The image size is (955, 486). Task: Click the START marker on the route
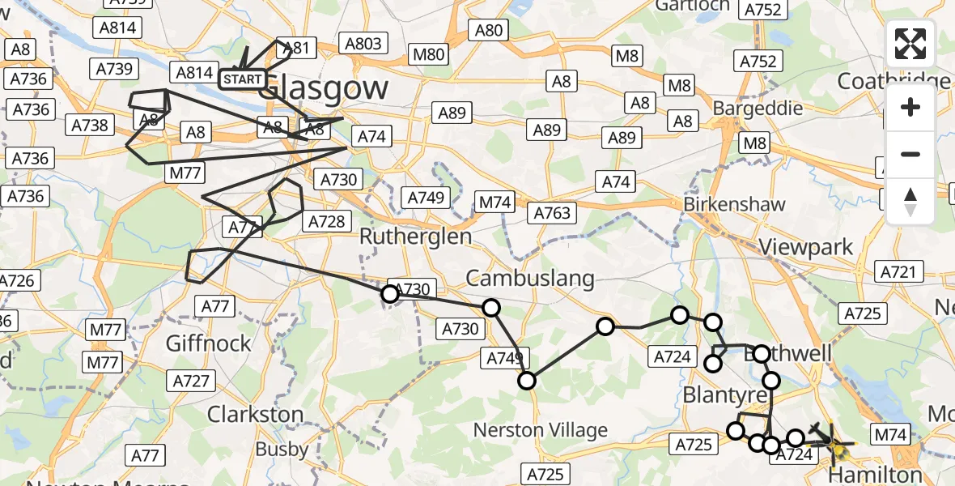click(x=242, y=79)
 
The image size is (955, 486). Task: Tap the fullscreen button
click(x=910, y=44)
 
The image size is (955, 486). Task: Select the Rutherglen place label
click(x=415, y=237)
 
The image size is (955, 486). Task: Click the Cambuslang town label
click(x=530, y=279)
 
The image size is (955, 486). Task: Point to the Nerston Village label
click(x=541, y=429)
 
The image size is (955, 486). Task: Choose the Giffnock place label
click(x=209, y=343)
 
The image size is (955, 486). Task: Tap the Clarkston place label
click(x=256, y=414)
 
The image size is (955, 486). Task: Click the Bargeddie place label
click(x=758, y=108)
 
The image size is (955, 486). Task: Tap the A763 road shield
click(x=553, y=214)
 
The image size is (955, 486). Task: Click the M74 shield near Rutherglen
click(x=495, y=202)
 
